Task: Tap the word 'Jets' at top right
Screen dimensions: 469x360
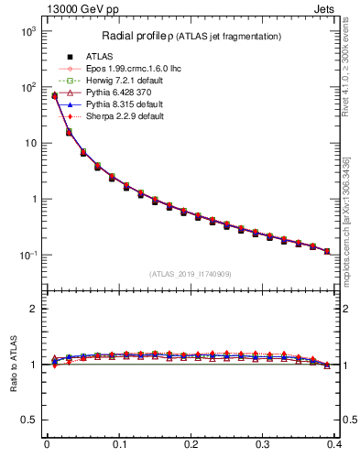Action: click(327, 8)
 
